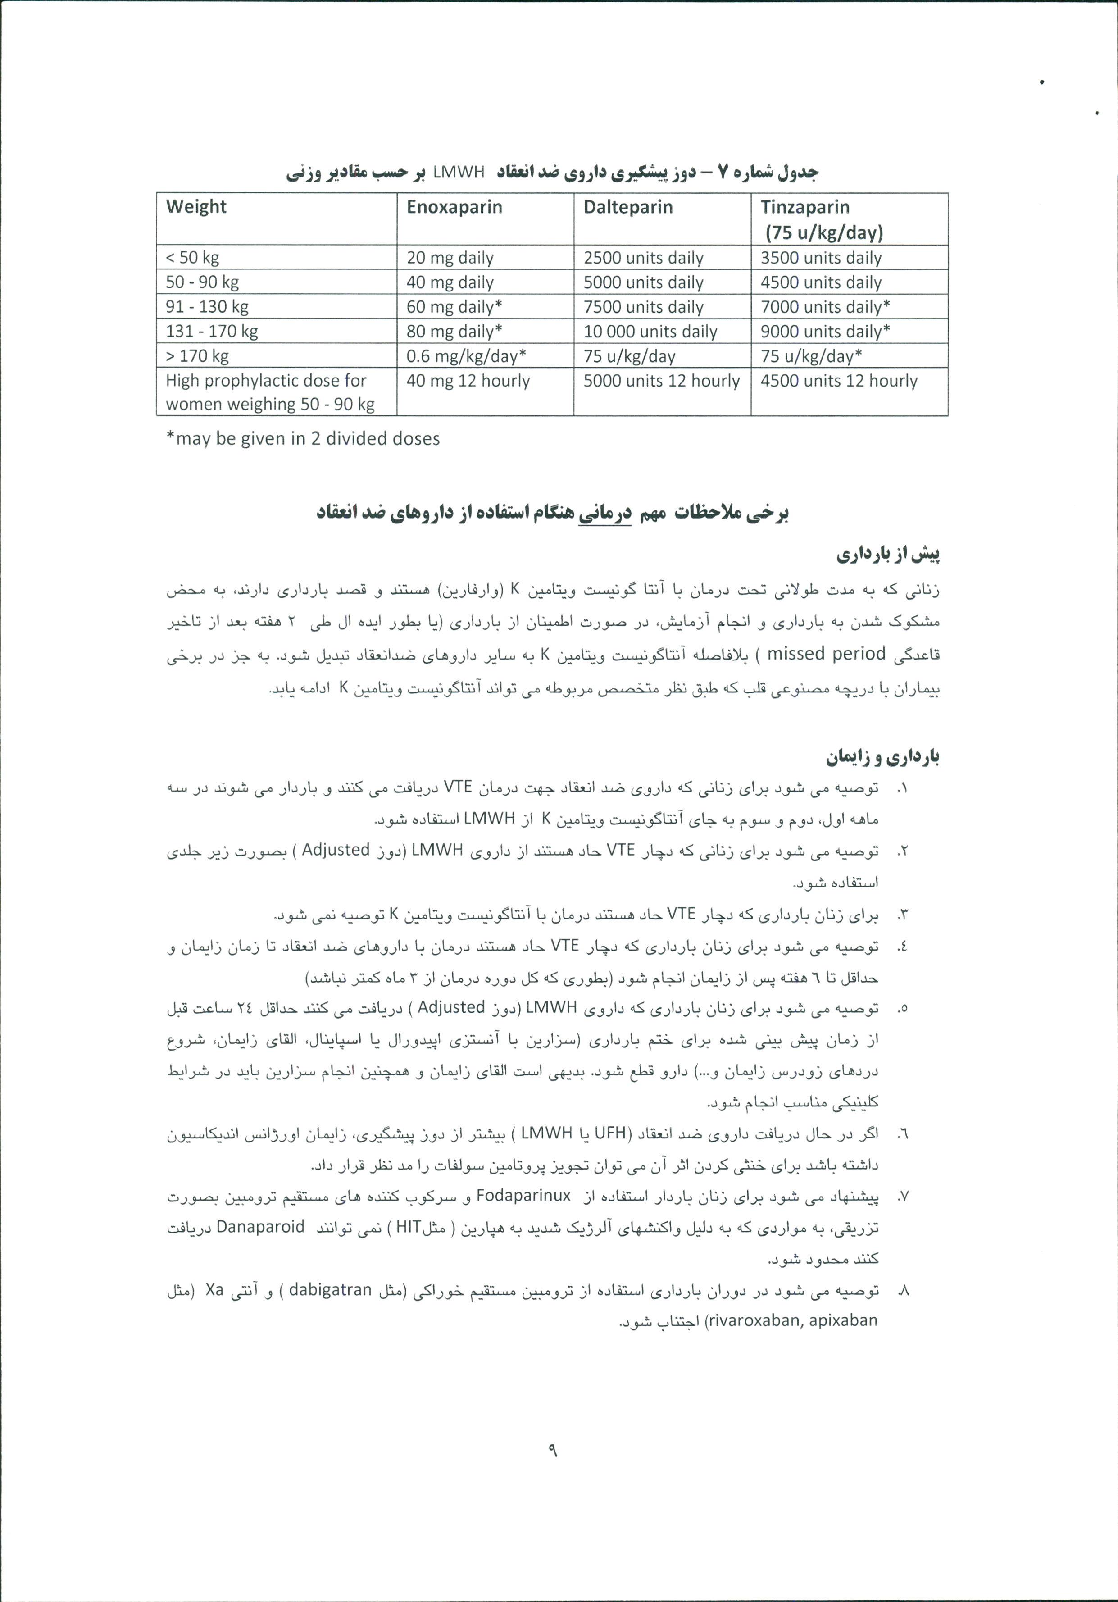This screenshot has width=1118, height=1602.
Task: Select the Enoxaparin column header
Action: (x=454, y=207)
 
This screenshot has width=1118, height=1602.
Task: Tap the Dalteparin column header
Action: (x=628, y=207)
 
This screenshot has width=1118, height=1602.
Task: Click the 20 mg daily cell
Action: (x=450, y=258)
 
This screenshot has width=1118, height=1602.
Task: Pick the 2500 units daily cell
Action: (x=643, y=258)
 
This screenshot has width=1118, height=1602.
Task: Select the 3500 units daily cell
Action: (x=821, y=258)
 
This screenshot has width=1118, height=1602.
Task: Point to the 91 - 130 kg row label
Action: (x=207, y=306)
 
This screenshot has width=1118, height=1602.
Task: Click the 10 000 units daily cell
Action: (x=650, y=332)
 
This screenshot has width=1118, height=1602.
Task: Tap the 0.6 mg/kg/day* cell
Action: (x=466, y=356)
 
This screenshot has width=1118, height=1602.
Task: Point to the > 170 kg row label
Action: (x=197, y=356)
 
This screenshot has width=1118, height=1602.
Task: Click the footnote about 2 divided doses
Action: (x=303, y=438)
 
